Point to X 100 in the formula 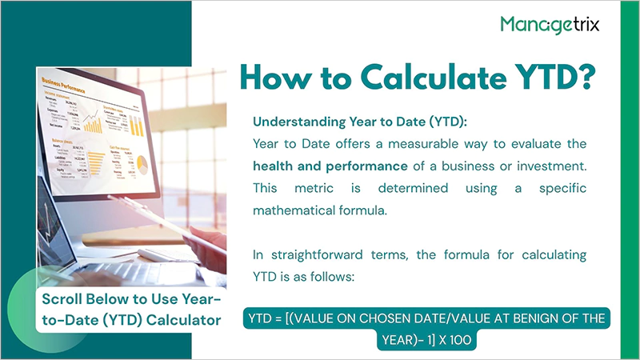pyautogui.click(x=456, y=340)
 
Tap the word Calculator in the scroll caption pyautogui.click(x=182, y=322)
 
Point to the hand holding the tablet pyautogui.click(x=210, y=240)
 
